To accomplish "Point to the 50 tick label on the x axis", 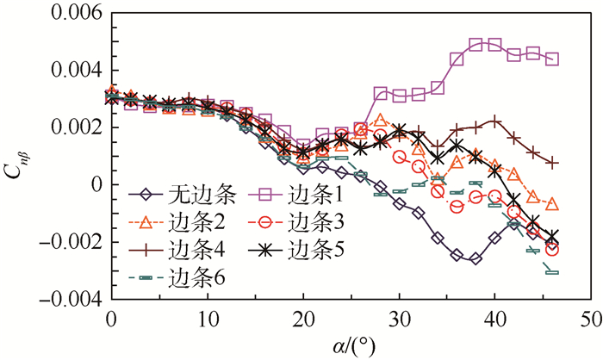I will point(588,319).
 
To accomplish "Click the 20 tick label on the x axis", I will point(302,319).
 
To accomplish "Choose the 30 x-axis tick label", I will point(398,319).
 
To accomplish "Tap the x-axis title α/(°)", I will point(351,344).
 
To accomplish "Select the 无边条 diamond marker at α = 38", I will point(476,258).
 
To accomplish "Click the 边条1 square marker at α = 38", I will point(476,45).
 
